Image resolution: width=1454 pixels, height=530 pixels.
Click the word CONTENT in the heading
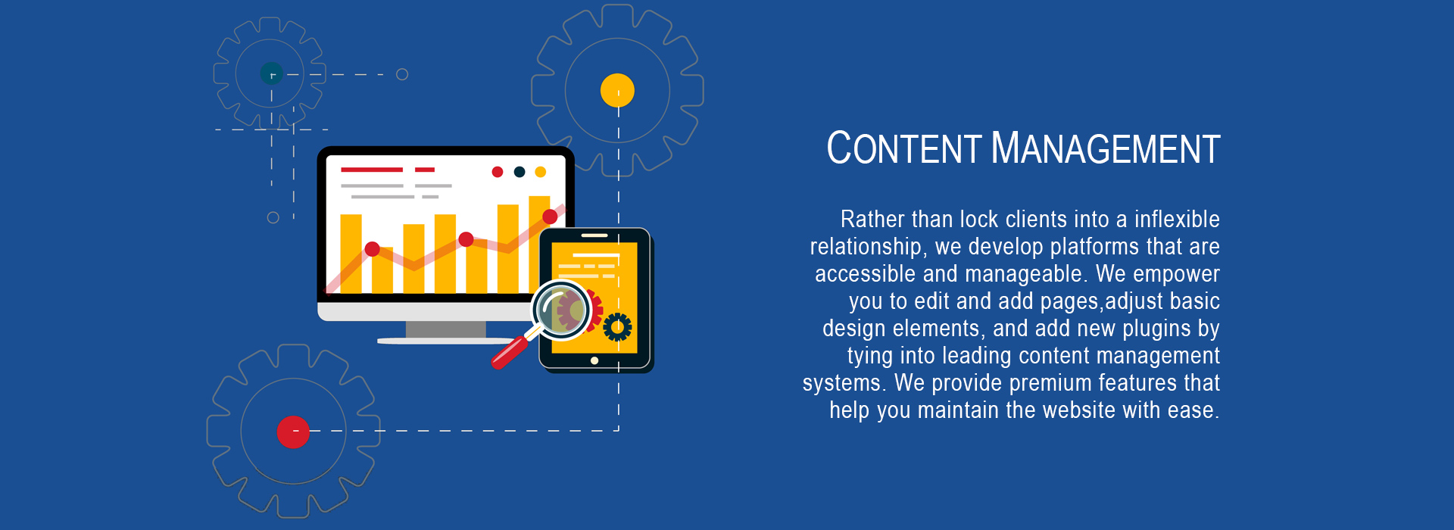(x=904, y=148)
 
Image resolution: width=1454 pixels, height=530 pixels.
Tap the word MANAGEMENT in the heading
(x=1106, y=148)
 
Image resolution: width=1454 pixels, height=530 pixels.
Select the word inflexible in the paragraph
(x=1177, y=220)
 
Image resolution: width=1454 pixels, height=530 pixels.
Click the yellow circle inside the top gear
(x=617, y=90)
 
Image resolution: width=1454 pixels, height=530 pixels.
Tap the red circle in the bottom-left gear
(x=293, y=432)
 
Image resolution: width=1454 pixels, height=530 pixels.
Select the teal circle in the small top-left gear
(x=272, y=73)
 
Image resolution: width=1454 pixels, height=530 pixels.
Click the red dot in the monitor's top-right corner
(x=498, y=172)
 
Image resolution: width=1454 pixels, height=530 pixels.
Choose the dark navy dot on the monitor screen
(x=520, y=172)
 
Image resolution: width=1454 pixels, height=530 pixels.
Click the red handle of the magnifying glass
(x=509, y=352)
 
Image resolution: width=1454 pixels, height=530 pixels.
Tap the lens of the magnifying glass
(x=561, y=310)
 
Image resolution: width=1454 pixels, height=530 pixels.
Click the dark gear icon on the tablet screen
(x=617, y=327)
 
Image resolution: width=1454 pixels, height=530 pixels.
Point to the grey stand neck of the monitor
(x=445, y=329)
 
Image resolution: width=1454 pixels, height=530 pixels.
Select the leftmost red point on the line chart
(x=372, y=249)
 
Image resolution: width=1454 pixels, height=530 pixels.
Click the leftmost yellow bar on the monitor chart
(x=351, y=254)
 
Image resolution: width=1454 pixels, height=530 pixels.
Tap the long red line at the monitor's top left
(x=372, y=170)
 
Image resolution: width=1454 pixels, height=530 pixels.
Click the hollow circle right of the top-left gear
(x=403, y=74)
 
